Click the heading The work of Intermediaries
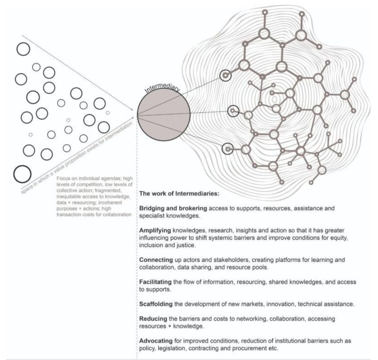[180, 194]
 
